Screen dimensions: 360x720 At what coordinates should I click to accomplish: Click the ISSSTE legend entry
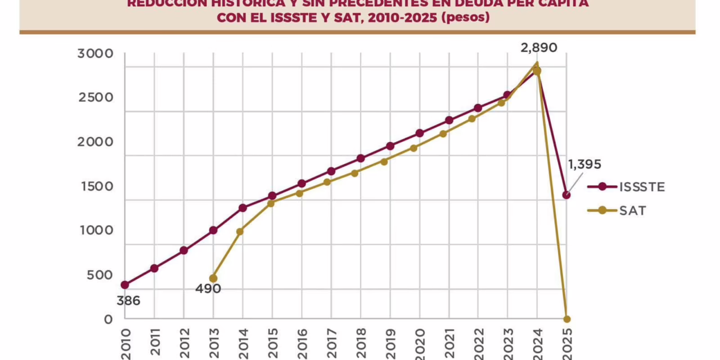click(625, 187)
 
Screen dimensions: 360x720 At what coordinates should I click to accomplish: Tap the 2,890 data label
click(539, 48)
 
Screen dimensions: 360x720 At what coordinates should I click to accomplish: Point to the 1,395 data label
click(584, 164)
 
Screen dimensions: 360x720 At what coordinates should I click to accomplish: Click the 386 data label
click(128, 301)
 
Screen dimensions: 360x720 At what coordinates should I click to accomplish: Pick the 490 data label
click(209, 289)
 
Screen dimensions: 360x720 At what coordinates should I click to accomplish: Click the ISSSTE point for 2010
click(125, 285)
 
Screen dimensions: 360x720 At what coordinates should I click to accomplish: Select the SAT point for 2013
click(213, 278)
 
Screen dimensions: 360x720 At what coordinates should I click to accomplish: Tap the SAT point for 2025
click(566, 319)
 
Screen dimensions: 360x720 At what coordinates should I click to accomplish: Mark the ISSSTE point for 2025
click(566, 195)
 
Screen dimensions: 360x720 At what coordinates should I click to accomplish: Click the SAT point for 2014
click(242, 231)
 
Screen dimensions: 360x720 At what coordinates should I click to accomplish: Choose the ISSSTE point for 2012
click(184, 250)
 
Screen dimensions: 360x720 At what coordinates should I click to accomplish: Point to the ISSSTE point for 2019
click(390, 146)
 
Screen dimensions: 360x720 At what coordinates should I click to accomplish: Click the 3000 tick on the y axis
click(95, 54)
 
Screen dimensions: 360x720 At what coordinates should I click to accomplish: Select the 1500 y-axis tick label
click(95, 187)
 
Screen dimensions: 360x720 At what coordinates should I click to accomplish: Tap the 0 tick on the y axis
click(109, 319)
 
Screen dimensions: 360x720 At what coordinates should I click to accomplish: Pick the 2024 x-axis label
click(537, 343)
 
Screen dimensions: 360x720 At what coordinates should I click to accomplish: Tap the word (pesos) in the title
click(465, 17)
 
